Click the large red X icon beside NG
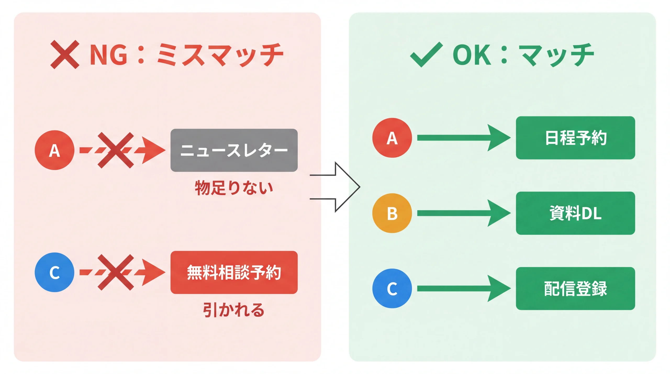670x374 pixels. tap(65, 54)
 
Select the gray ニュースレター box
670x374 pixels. tap(234, 150)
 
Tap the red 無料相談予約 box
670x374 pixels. tap(234, 272)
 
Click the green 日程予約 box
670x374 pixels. tap(575, 138)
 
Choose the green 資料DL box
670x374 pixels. tap(575, 213)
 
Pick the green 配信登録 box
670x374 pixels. tap(575, 288)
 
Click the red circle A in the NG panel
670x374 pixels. tap(54, 150)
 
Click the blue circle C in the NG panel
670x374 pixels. tap(54, 272)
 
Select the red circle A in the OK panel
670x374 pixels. tap(392, 138)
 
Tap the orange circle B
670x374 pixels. tap(392, 213)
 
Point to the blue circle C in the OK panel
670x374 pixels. tap(392, 288)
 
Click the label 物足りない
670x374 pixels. tap(234, 188)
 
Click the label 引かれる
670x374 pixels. tap(234, 310)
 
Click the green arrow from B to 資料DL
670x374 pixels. tap(463, 213)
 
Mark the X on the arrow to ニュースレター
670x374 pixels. tap(115, 150)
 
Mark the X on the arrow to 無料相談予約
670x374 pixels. tap(115, 272)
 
